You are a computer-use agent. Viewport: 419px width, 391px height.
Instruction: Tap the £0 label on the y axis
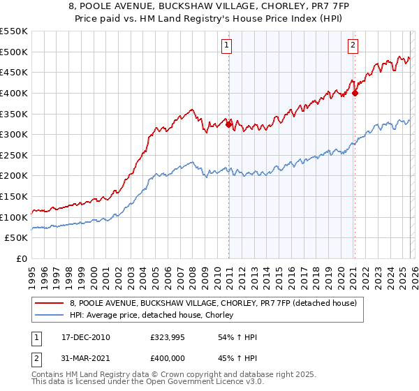click(22, 258)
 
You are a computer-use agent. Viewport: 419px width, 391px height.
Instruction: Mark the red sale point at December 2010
click(228, 124)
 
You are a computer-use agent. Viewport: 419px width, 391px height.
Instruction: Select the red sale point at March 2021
click(355, 93)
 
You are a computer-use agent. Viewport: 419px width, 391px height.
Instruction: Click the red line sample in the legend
click(50, 303)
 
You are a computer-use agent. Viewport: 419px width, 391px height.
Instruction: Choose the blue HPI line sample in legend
click(50, 316)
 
